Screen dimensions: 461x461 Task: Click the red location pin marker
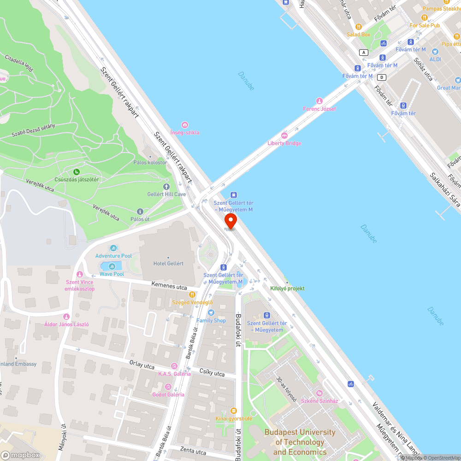point(230,220)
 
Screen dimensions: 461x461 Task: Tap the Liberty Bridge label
point(284,143)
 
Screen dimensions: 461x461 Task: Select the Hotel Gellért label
point(168,263)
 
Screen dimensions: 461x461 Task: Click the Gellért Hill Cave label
point(166,194)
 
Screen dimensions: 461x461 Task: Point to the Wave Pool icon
point(112,266)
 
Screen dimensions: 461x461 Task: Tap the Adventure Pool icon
point(113,248)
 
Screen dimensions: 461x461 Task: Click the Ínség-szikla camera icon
point(185,125)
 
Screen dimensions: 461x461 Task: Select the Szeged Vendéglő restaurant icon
point(192,295)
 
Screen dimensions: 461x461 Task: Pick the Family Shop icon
point(211,313)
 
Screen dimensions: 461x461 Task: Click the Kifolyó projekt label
point(287,289)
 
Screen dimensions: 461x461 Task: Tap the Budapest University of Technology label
point(300,442)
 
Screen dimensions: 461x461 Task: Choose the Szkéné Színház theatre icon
point(319,393)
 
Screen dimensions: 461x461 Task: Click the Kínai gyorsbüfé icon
point(234,410)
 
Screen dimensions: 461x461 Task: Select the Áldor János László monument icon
point(66,317)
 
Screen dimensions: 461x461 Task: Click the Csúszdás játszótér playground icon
point(76,172)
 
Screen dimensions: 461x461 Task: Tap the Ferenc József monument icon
point(319,101)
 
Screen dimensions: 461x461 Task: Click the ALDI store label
point(435,59)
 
